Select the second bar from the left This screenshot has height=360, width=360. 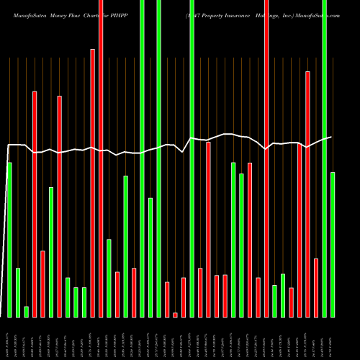tap(18, 292)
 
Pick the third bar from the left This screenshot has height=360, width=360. tap(26, 312)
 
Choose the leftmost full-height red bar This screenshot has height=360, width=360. tap(101, 158)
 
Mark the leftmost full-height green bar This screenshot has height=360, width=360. tap(143, 158)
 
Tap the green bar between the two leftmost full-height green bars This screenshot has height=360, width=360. tap(150, 257)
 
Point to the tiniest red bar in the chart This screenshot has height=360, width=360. tap(175, 315)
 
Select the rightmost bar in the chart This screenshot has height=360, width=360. tap(333, 244)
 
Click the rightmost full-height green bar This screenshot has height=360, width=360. tap(325, 158)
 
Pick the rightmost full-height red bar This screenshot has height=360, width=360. tap(266, 158)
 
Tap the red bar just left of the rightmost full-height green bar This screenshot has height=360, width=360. tap(316, 287)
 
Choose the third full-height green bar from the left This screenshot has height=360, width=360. tap(192, 158)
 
